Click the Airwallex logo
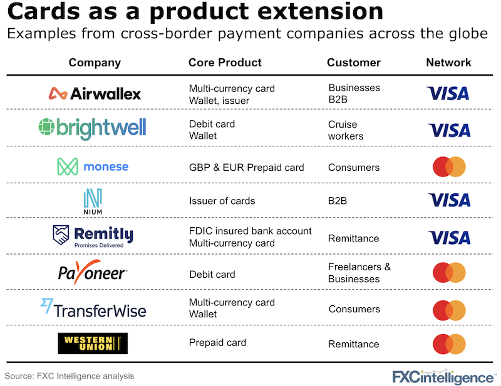(x=95, y=93)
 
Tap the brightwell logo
(x=92, y=128)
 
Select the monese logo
(x=93, y=166)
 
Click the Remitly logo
(x=93, y=236)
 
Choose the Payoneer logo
(x=92, y=273)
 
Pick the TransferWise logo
(x=92, y=308)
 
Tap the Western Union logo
(x=92, y=343)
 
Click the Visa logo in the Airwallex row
(x=448, y=93)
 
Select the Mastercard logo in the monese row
(x=449, y=166)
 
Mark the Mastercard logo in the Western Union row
(x=449, y=343)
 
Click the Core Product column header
(x=225, y=63)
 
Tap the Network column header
(x=448, y=63)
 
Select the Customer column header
(x=353, y=63)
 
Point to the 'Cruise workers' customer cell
(x=346, y=130)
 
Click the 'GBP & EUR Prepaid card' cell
(x=246, y=167)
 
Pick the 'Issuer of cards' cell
(x=222, y=201)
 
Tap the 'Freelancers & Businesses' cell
(x=359, y=273)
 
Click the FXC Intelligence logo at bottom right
(x=443, y=376)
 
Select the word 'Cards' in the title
(x=44, y=12)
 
